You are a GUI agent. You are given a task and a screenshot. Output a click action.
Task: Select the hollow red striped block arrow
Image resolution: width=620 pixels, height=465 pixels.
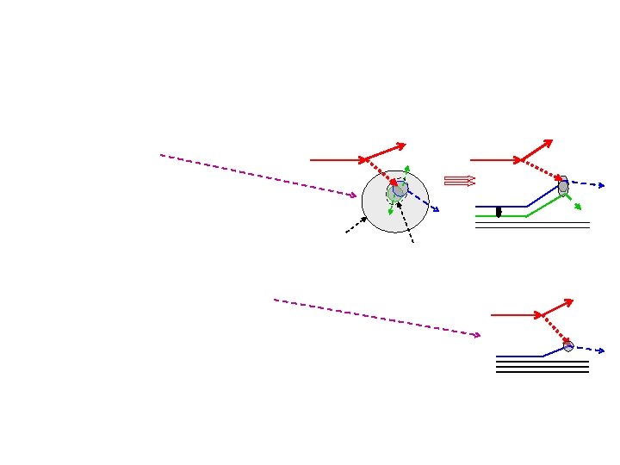tap(459, 181)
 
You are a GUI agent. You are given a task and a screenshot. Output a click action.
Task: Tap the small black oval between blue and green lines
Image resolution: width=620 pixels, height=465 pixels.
tap(499, 212)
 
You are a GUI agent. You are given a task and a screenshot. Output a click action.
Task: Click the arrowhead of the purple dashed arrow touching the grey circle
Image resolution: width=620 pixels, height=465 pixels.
tap(352, 196)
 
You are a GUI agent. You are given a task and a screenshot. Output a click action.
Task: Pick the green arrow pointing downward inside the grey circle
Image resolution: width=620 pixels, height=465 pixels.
tap(392, 207)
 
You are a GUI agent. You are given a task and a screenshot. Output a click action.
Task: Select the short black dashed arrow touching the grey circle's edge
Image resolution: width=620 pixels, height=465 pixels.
tap(355, 225)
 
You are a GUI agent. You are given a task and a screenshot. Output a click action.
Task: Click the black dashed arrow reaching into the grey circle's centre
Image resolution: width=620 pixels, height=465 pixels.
tap(406, 222)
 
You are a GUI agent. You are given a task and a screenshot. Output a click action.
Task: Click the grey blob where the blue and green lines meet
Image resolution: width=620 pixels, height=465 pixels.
tap(563, 186)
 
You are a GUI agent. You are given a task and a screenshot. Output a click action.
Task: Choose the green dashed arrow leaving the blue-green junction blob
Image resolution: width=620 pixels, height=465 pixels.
tap(573, 202)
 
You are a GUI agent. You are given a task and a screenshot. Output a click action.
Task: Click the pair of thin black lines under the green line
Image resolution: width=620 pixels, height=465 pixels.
tap(532, 225)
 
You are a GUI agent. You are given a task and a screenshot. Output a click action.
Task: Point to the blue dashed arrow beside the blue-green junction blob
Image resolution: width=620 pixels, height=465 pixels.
tap(589, 184)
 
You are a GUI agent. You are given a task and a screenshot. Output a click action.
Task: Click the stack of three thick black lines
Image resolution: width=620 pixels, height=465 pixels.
tap(542, 366)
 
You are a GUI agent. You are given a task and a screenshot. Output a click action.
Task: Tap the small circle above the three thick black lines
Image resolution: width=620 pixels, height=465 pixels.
tap(568, 346)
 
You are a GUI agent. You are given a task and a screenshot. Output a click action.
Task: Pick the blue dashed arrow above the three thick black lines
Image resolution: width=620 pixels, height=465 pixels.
tap(589, 350)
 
